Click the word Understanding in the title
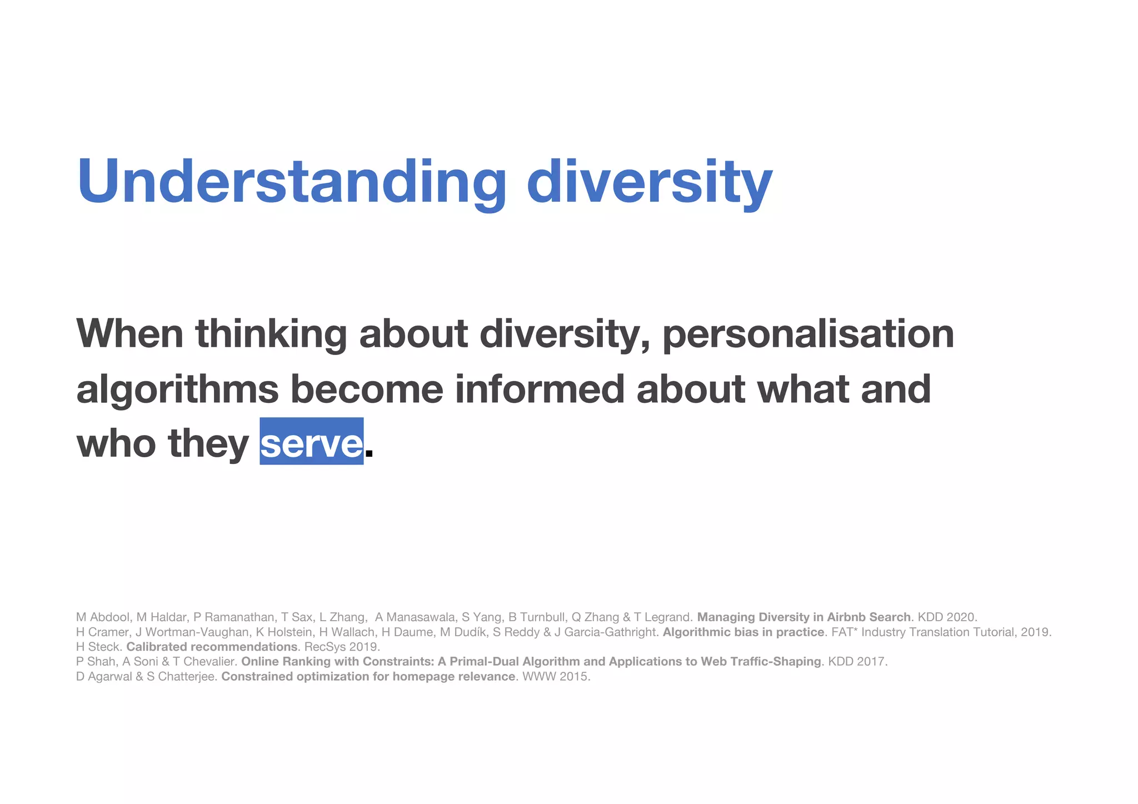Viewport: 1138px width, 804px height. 291,182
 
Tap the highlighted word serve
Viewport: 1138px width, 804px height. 311,443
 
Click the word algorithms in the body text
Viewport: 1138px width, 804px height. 177,389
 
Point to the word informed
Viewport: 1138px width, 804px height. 540,389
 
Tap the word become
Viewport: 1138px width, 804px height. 367,389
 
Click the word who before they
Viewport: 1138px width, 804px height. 116,443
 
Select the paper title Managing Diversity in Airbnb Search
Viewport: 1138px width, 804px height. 803,617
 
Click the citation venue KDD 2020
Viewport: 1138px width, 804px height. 947,617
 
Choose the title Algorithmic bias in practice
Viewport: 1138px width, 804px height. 743,632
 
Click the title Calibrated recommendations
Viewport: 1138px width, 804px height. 212,647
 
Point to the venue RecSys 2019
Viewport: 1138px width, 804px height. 341,647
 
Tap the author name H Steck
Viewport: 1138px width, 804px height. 98,647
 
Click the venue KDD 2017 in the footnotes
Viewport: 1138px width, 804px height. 857,661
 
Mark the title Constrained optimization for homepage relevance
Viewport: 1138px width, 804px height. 368,676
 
